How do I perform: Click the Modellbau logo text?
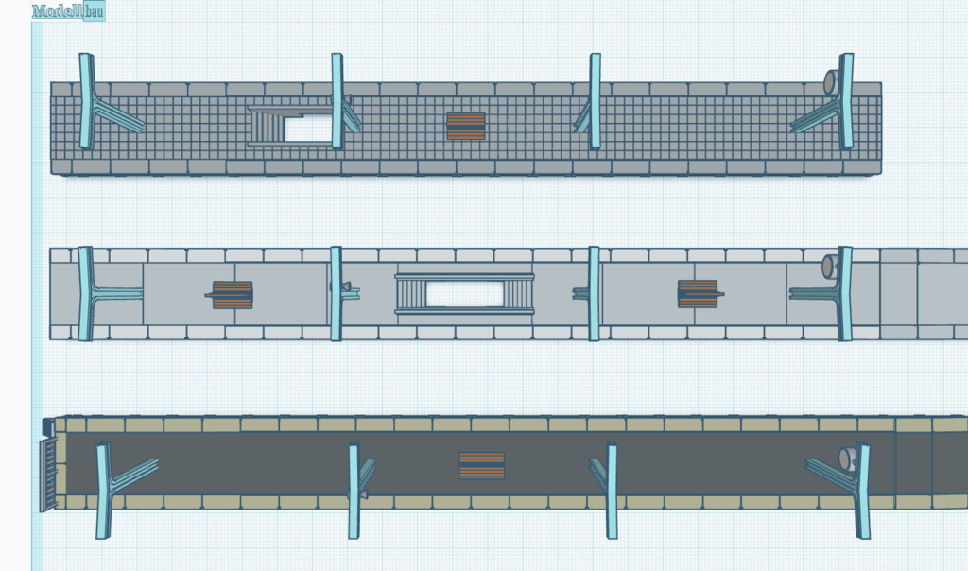coord(68,11)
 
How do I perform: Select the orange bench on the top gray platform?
coord(466,126)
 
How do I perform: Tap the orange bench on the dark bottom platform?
coord(481,465)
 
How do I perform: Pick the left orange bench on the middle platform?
coord(232,294)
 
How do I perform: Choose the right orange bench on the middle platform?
coord(699,294)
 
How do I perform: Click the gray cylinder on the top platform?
coord(832,82)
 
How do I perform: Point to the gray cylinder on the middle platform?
coord(829,267)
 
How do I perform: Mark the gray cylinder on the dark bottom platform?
coord(848,459)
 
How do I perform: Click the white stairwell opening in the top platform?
coord(308,129)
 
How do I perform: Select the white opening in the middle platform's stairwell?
coord(465,294)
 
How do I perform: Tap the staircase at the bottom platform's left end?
coord(49,474)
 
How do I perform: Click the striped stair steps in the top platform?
coord(268,128)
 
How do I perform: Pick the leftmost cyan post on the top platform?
coord(87,101)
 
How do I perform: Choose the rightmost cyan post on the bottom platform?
coord(862,491)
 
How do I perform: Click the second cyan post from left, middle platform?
coord(336,294)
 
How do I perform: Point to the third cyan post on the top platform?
coord(596,101)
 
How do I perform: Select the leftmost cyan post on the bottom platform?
coord(103,491)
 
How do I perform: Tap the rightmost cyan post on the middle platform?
coord(844,294)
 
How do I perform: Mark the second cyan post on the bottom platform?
coord(354,491)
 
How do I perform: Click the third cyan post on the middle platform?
coord(594,294)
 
